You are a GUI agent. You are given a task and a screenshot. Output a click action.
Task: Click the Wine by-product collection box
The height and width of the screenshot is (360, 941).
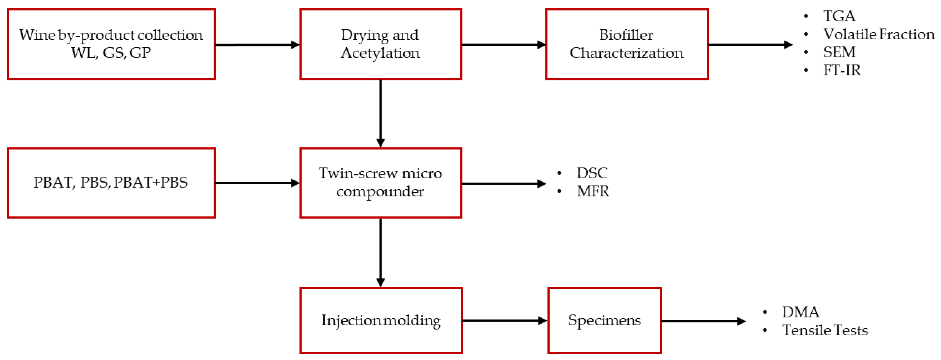pyautogui.click(x=111, y=44)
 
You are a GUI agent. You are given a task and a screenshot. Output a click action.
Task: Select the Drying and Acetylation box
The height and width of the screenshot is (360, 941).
pyautogui.click(x=381, y=44)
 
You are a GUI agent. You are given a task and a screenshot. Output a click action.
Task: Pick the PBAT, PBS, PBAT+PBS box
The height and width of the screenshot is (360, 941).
pyautogui.click(x=111, y=183)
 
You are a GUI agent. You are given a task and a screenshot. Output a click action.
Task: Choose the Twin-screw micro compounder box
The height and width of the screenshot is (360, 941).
pyautogui.click(x=381, y=183)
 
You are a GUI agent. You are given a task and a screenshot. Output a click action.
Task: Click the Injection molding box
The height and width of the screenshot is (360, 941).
pyautogui.click(x=381, y=320)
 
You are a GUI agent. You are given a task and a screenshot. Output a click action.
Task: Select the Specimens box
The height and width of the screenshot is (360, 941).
pyautogui.click(x=605, y=320)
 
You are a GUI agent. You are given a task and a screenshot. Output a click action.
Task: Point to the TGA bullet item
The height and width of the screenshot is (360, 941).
pyautogui.click(x=839, y=16)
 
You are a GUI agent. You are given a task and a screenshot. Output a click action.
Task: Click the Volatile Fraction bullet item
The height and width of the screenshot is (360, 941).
pyautogui.click(x=879, y=34)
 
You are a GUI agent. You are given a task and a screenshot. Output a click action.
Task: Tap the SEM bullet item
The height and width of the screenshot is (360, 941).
pyautogui.click(x=839, y=52)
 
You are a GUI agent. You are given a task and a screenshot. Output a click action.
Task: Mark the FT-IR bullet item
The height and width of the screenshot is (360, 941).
pyautogui.click(x=842, y=70)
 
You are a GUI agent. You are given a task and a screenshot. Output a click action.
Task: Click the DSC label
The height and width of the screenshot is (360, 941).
pyautogui.click(x=592, y=173)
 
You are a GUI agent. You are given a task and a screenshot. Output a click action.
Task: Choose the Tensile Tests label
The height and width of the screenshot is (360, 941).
pyautogui.click(x=825, y=331)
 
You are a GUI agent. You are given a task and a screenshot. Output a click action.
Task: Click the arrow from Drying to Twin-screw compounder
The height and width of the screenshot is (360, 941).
pyautogui.click(x=381, y=113)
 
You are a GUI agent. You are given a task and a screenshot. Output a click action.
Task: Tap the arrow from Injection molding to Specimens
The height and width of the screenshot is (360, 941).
pyautogui.click(x=504, y=320)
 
